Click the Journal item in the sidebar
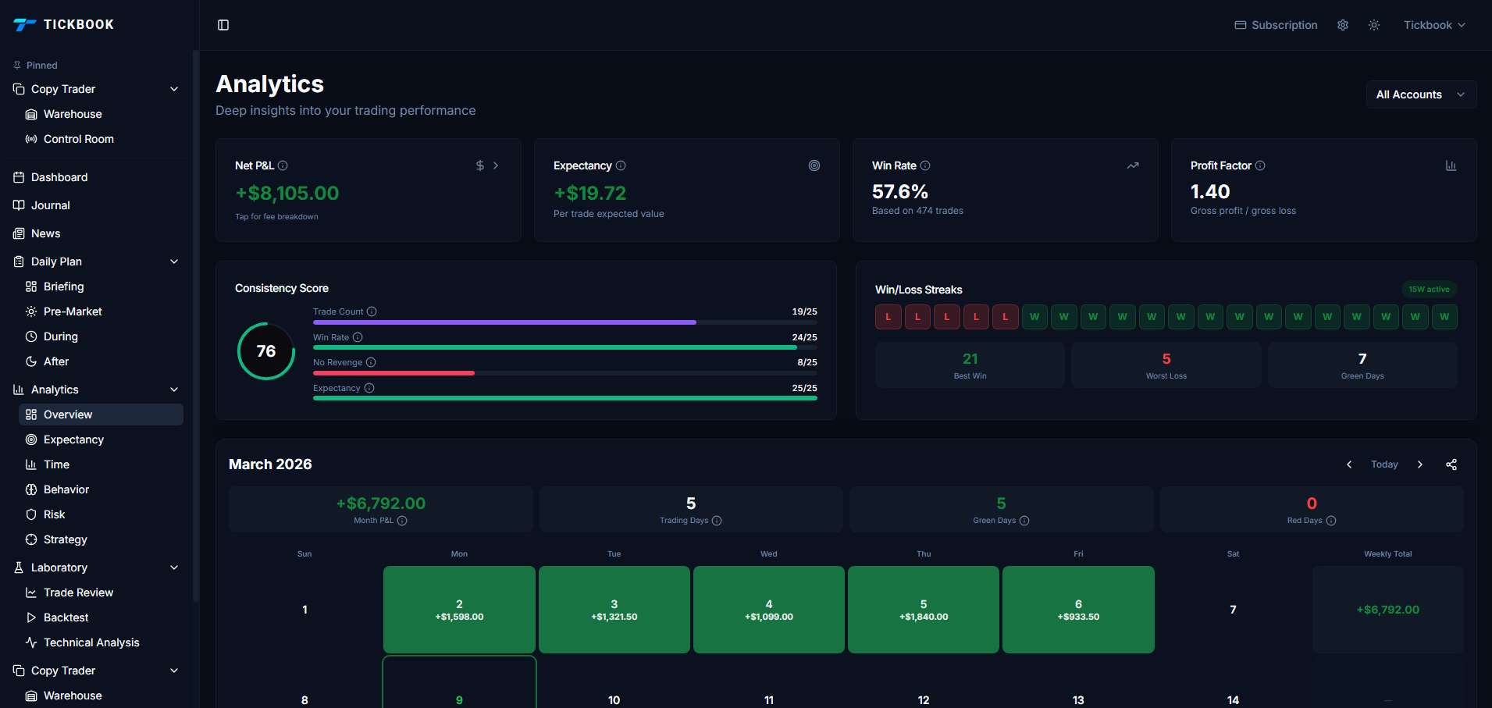tap(50, 205)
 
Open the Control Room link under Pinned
tap(78, 139)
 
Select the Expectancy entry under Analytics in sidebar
tap(73, 439)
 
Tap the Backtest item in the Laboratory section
tap(66, 617)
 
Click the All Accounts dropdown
tap(1420, 94)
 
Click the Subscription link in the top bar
tap(1276, 25)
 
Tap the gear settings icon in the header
tap(1343, 25)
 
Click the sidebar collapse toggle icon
tap(223, 25)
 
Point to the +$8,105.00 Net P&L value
tap(287, 193)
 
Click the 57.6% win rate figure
tap(899, 192)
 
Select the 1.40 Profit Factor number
tap(1209, 192)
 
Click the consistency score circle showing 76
tap(266, 351)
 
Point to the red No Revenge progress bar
tap(393, 373)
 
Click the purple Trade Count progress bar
tap(504, 322)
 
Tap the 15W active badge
tap(1428, 290)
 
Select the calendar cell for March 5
tap(923, 610)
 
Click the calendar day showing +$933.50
tap(1077, 610)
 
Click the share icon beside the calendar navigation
tap(1451, 464)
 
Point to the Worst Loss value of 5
tap(1166, 359)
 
